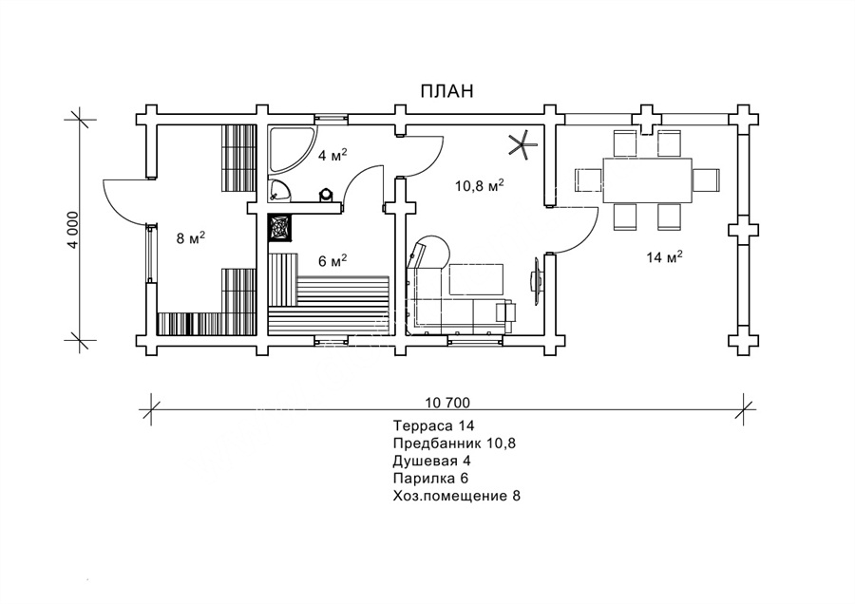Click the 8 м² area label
191,237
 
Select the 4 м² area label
329,155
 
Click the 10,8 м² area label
479,185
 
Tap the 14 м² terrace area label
665,256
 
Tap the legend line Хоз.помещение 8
457,496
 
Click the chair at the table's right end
706,179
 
